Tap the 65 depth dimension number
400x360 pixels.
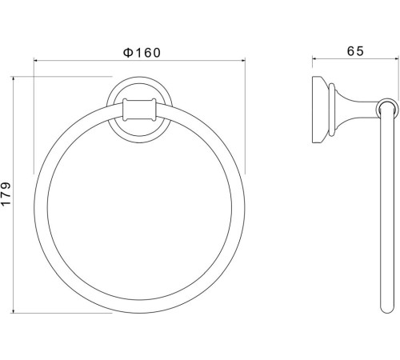(355, 50)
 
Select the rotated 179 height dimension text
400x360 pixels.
(7, 195)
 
